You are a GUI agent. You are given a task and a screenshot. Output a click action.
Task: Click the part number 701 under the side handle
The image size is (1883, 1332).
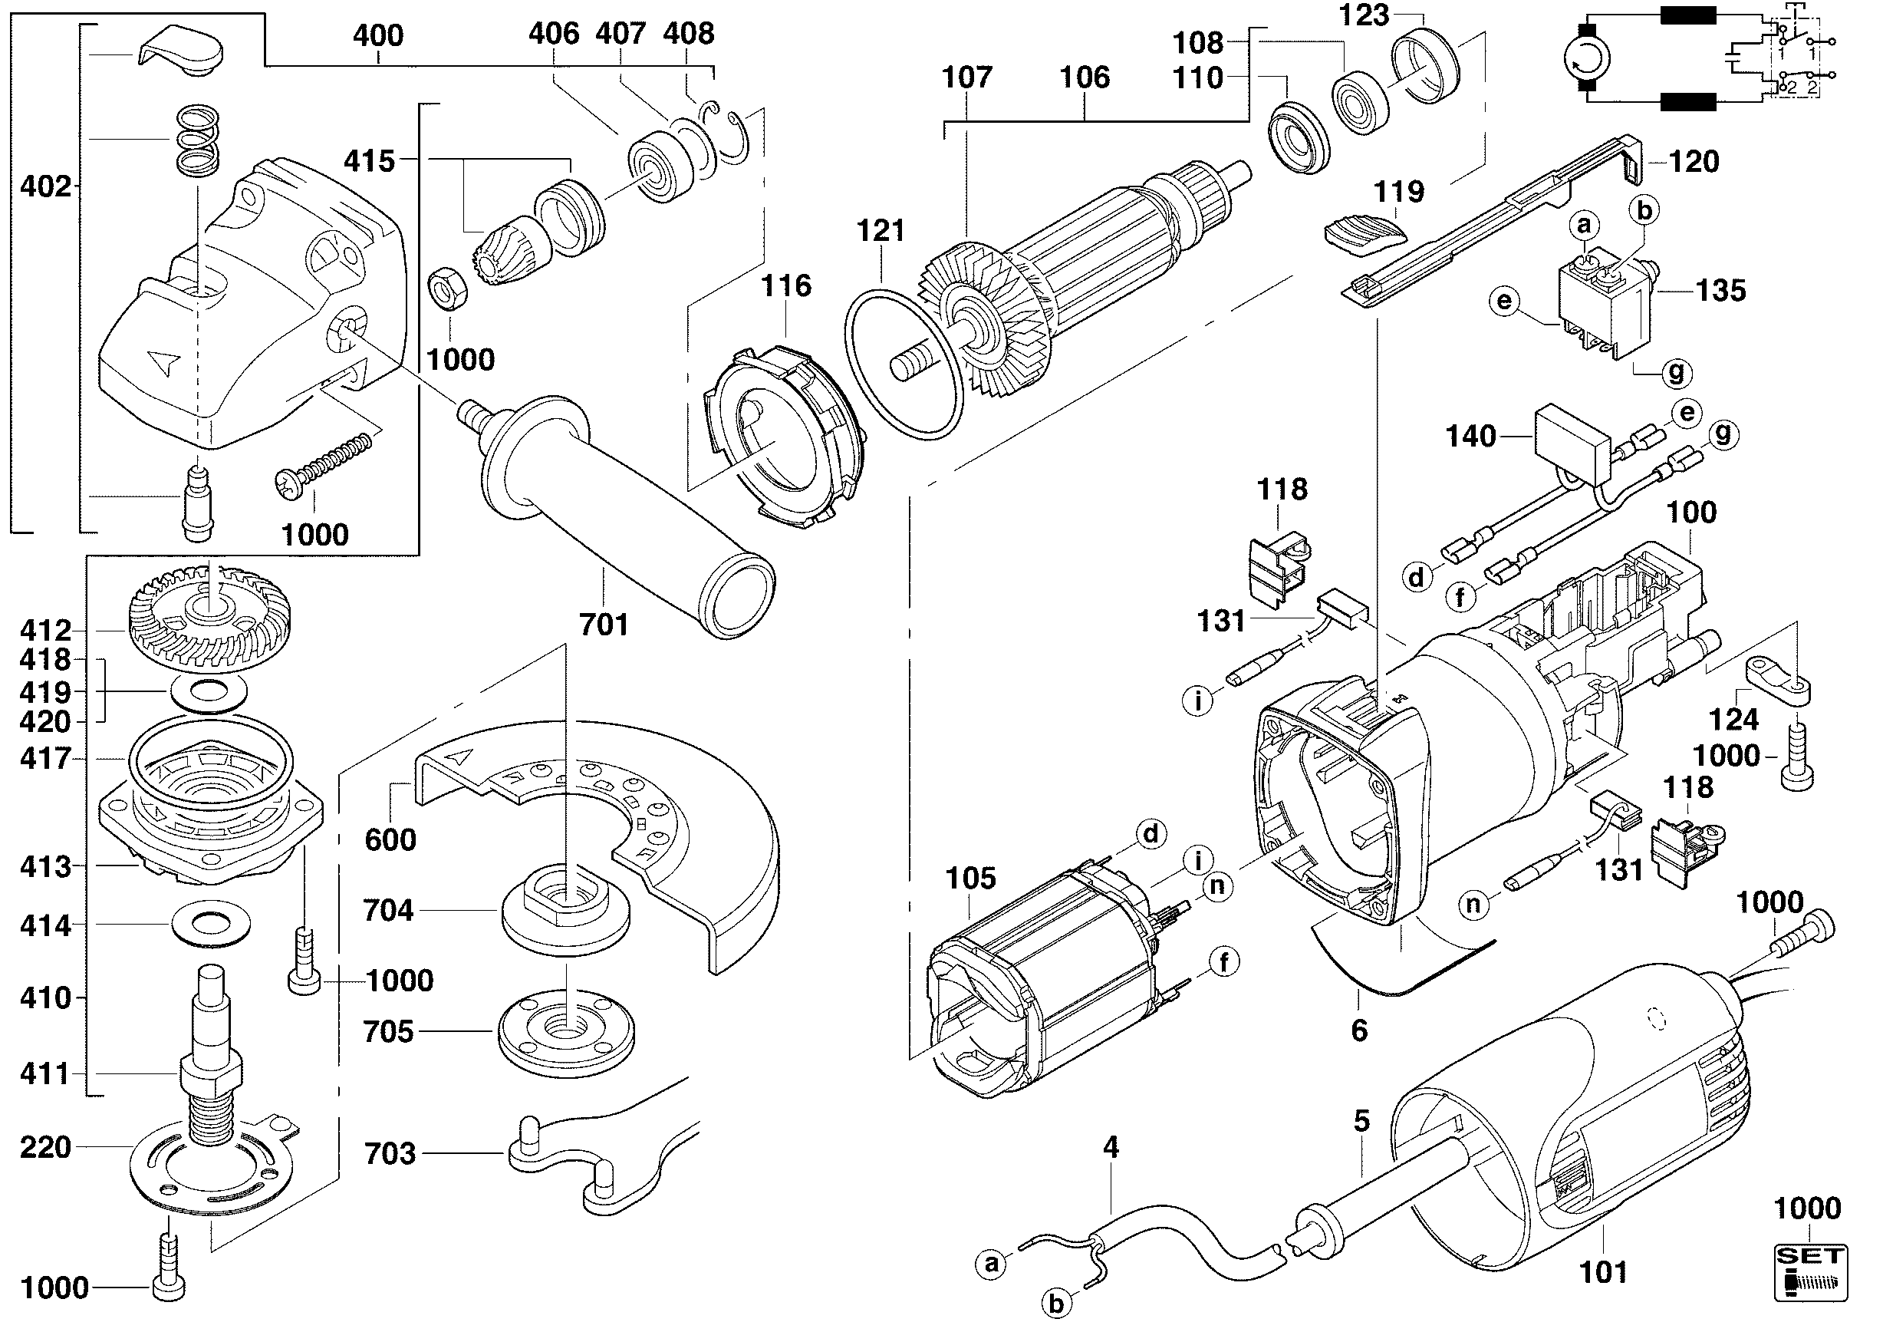click(604, 625)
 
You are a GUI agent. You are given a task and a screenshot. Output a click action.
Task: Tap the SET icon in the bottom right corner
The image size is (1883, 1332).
click(1810, 1273)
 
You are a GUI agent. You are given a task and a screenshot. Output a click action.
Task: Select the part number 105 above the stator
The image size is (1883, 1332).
click(970, 879)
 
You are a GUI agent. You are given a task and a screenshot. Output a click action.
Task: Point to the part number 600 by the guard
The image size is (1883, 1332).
click(390, 840)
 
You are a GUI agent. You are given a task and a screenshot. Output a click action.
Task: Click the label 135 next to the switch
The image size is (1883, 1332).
click(1720, 290)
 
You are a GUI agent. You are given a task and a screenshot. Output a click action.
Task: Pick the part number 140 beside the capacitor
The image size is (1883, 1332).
click(1470, 437)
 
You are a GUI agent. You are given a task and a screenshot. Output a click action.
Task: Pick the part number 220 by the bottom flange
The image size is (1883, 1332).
click(45, 1147)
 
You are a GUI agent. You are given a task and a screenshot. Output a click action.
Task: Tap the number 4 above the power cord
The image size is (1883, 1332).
click(1111, 1147)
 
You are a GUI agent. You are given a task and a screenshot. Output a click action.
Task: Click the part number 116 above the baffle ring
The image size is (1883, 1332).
click(785, 286)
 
